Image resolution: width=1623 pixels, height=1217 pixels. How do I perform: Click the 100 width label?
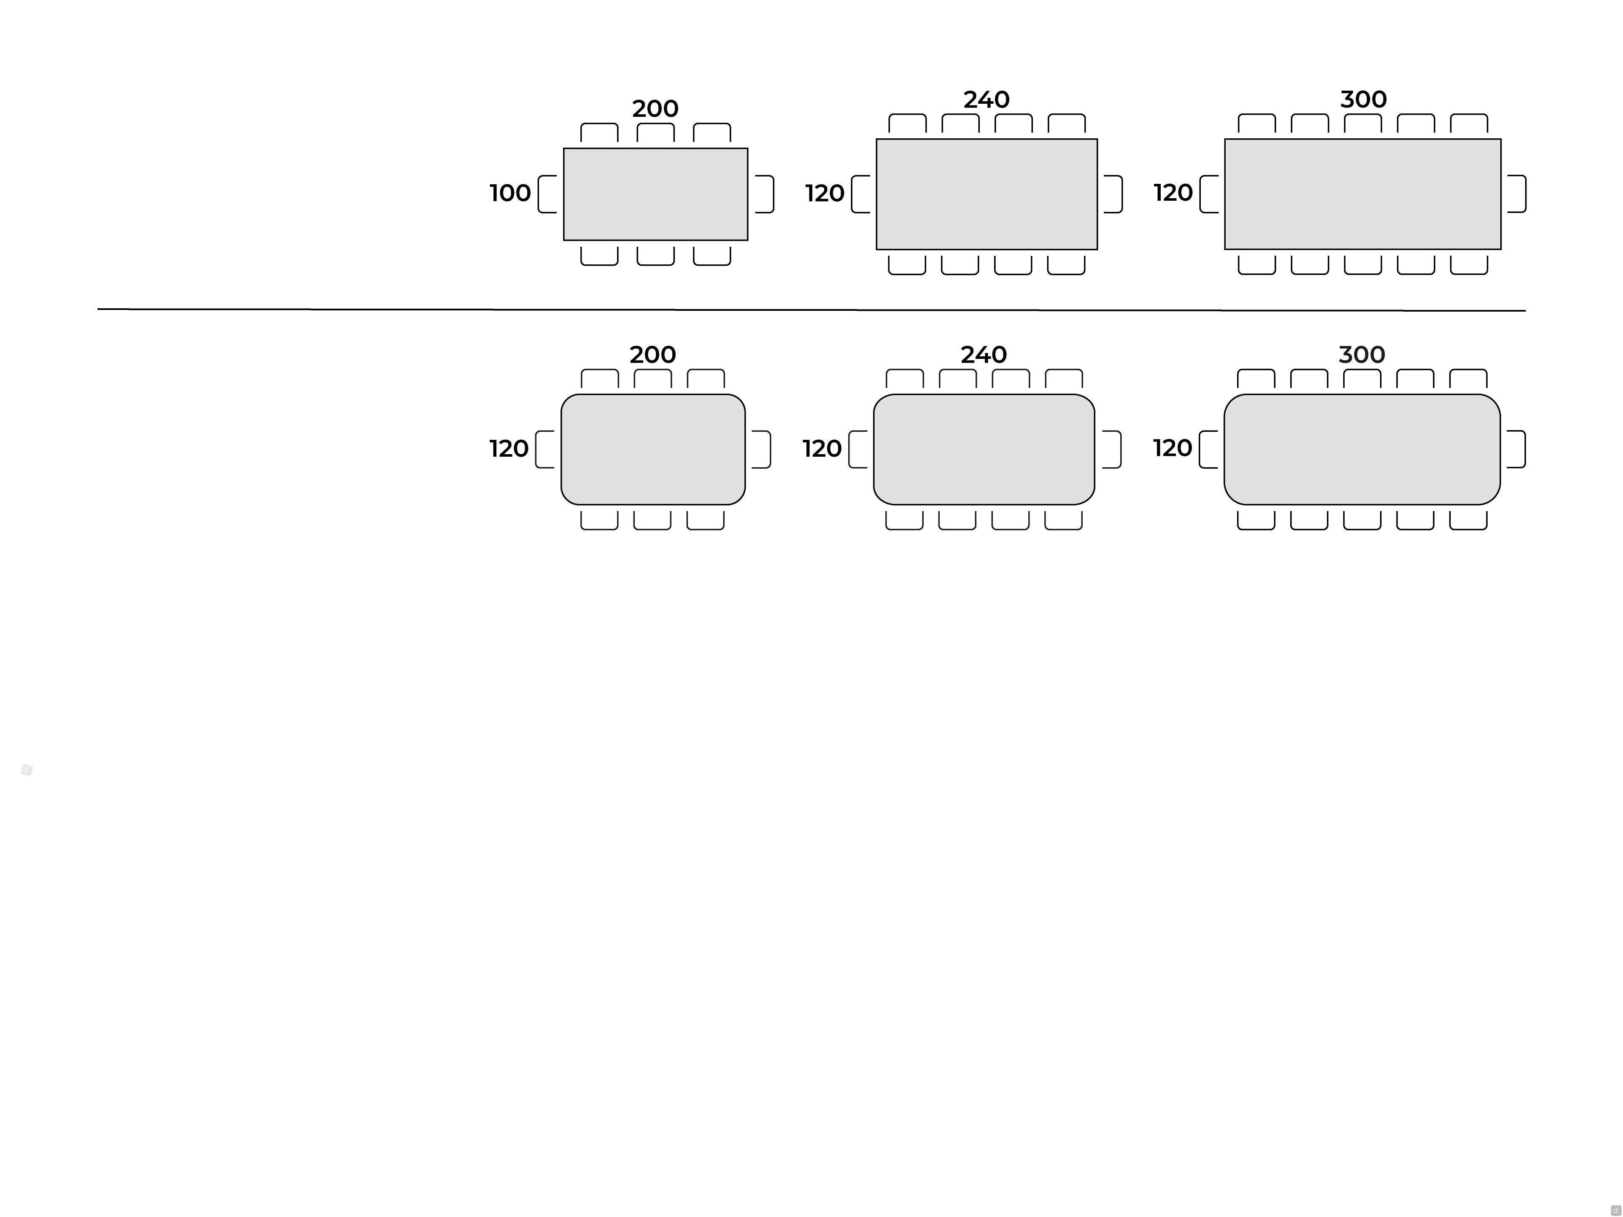tap(510, 193)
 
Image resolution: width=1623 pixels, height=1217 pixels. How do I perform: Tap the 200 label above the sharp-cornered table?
tap(655, 108)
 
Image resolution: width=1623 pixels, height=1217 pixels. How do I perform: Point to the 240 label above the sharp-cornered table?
tap(986, 99)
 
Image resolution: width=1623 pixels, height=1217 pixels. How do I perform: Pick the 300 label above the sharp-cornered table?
tap(1363, 99)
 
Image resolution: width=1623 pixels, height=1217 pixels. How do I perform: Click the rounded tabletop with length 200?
tap(653, 450)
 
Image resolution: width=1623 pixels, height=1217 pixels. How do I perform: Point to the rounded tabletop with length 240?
tap(984, 450)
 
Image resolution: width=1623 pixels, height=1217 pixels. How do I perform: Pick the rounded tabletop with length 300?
tap(1362, 450)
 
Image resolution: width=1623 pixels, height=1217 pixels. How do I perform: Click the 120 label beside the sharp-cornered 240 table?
tap(825, 194)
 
